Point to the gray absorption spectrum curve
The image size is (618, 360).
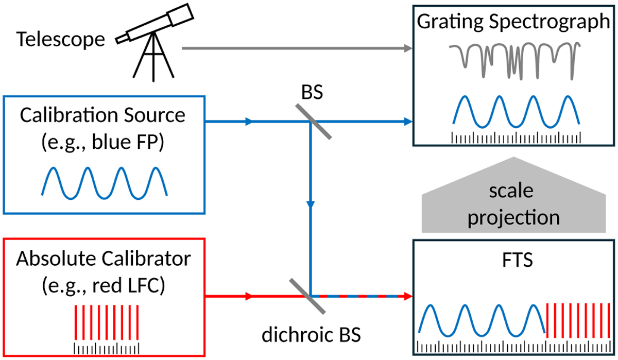pyautogui.click(x=516, y=59)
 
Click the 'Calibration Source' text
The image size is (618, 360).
pyautogui.click(x=102, y=115)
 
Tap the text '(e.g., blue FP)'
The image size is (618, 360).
pyautogui.click(x=102, y=142)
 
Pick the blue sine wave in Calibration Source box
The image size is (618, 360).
pyautogui.click(x=104, y=182)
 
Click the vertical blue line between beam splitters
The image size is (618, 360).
pyautogui.click(x=311, y=206)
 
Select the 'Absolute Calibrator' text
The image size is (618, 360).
pyautogui.click(x=102, y=259)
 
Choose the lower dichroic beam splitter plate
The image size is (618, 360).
pyautogui.click(x=307, y=296)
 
